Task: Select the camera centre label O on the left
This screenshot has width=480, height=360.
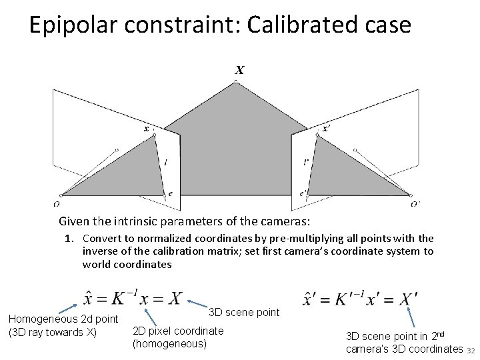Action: pyautogui.click(x=57, y=204)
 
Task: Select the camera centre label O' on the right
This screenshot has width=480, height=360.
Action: pyautogui.click(x=416, y=204)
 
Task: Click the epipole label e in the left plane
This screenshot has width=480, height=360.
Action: pyautogui.click(x=171, y=194)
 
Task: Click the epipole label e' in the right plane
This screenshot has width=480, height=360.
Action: pyautogui.click(x=304, y=194)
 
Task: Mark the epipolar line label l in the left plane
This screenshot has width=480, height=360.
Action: pyautogui.click(x=165, y=162)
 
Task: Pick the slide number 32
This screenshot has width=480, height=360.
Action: pyautogui.click(x=471, y=351)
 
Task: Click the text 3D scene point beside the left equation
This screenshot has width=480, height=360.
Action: pyautogui.click(x=244, y=312)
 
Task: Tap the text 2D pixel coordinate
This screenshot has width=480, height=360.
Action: pyautogui.click(x=178, y=331)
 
